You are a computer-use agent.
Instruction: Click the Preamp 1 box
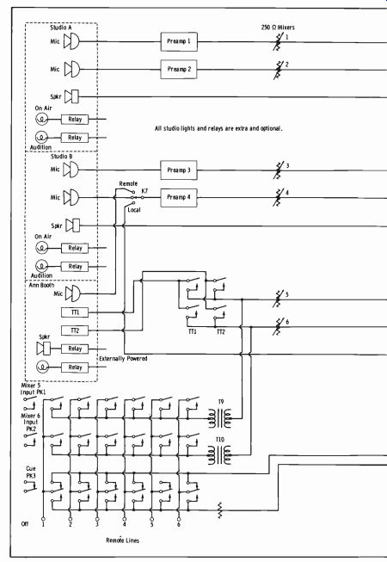(179, 41)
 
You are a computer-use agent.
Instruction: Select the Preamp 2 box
(179, 69)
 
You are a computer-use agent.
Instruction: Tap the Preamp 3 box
(179, 170)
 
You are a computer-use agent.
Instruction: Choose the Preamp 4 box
(179, 197)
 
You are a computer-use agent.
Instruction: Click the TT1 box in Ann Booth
(75, 312)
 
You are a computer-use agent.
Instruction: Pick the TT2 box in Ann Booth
(75, 330)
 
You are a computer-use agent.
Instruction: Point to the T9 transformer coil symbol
(220, 418)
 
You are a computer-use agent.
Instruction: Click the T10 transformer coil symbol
(220, 455)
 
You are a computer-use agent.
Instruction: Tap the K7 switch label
(144, 191)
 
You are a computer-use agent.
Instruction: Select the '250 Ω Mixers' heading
(278, 28)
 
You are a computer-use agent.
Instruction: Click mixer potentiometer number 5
(279, 299)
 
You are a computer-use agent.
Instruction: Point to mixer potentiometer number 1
(279, 41)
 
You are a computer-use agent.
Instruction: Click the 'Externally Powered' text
(123, 358)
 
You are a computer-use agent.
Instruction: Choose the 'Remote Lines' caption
(122, 540)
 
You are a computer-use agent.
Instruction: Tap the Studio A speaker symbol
(71, 96)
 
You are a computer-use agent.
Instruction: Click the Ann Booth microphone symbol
(73, 293)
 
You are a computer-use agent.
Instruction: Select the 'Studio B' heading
(62, 157)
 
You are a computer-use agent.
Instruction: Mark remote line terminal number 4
(124, 519)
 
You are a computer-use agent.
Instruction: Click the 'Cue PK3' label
(31, 472)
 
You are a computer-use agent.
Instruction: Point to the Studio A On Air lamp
(41, 119)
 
